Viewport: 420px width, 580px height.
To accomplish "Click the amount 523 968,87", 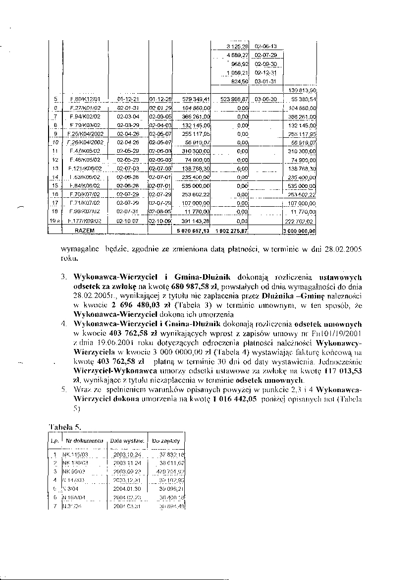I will click(234, 99).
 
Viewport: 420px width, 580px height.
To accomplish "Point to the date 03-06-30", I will click(265, 99).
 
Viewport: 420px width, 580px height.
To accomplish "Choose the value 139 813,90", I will click(302, 90).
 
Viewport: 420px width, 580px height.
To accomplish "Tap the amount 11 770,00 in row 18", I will click(198, 212).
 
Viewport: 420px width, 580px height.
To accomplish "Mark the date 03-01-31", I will click(265, 81).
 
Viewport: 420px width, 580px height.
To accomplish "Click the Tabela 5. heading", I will click(65, 427).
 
